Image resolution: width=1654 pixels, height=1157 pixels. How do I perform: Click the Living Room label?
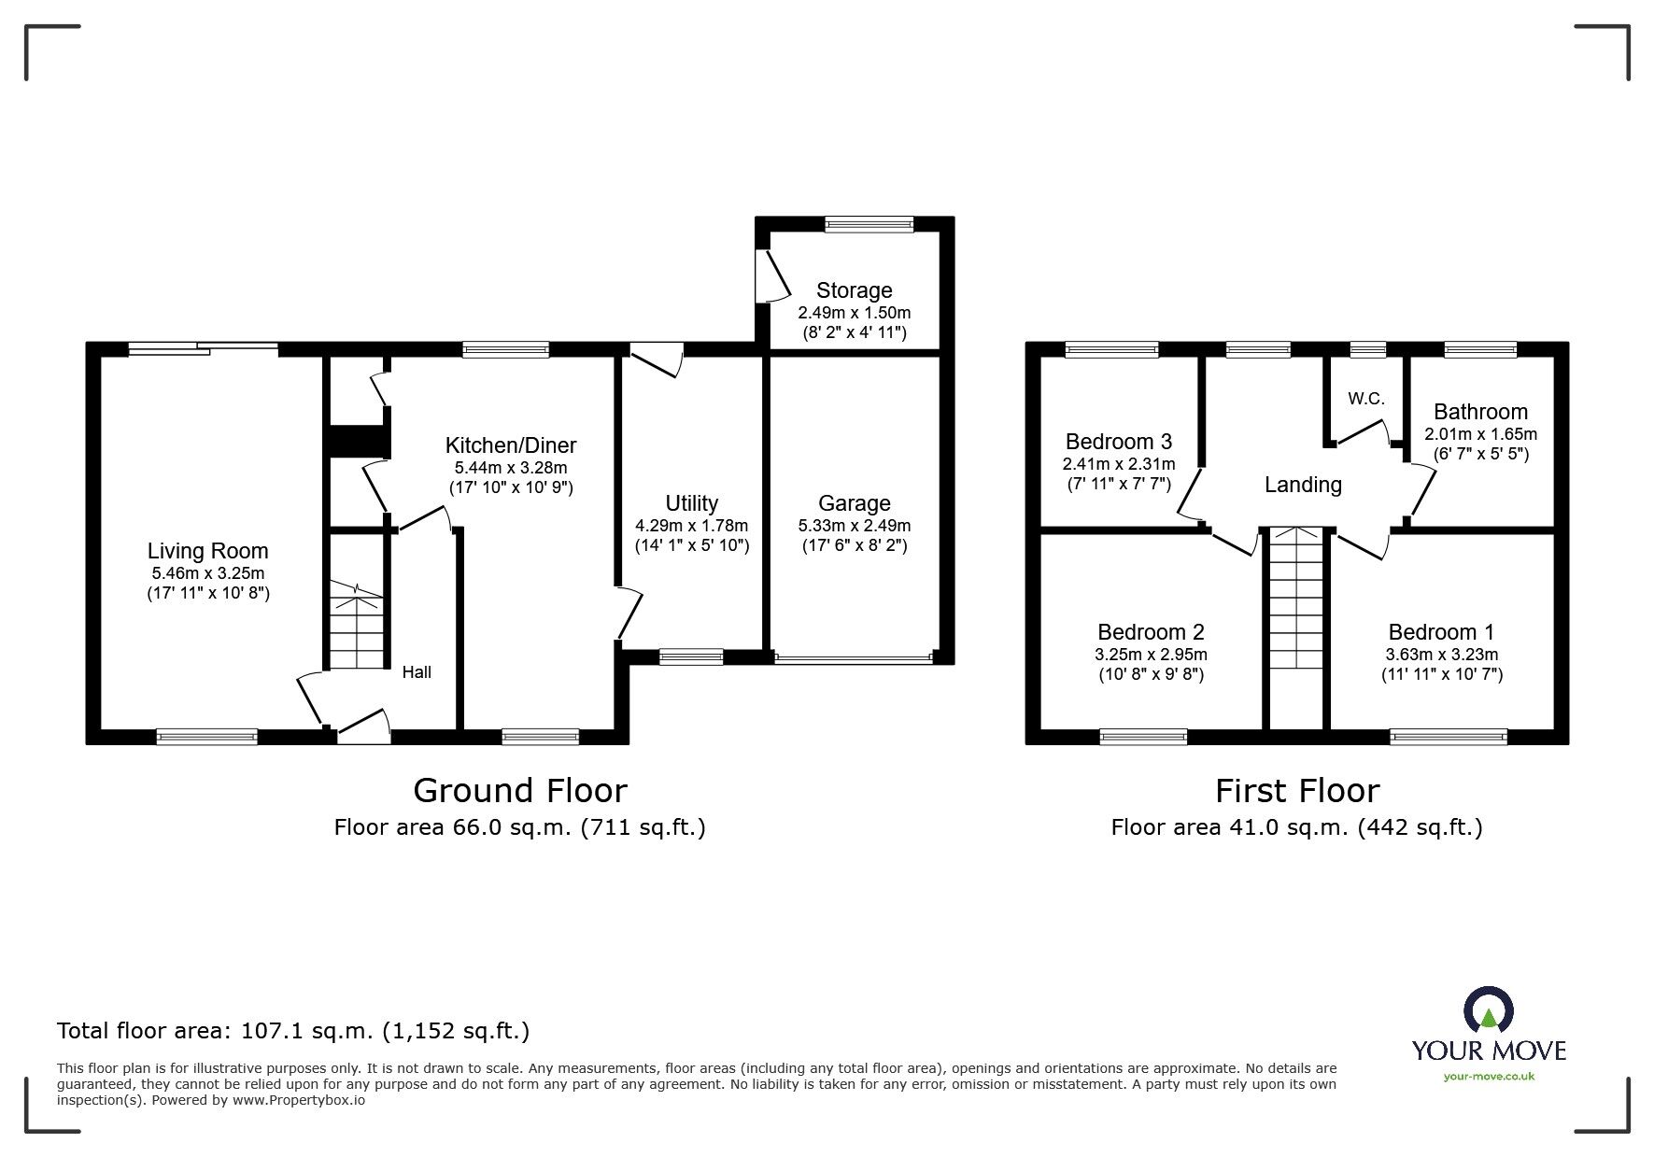tap(207, 551)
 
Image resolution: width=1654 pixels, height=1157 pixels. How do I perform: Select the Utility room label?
tap(691, 503)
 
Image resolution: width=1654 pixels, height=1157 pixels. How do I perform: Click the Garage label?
tap(854, 503)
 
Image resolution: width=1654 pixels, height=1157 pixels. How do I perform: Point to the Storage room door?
tap(775, 276)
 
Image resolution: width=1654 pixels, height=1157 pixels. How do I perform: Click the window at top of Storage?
tap(869, 224)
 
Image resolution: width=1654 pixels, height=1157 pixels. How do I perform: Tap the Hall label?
tap(417, 672)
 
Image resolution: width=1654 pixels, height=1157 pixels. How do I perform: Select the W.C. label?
tap(1365, 399)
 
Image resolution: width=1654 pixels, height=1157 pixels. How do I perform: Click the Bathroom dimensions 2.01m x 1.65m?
tap(1480, 434)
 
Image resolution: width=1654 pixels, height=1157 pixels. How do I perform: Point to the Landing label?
tap(1303, 485)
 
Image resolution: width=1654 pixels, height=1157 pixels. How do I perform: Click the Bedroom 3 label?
tap(1118, 442)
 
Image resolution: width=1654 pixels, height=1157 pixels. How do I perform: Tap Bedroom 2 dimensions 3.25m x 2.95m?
tap(1151, 655)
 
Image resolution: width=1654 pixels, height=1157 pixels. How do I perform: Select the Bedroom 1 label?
tap(1441, 632)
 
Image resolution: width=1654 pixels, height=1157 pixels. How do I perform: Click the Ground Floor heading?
tap(520, 791)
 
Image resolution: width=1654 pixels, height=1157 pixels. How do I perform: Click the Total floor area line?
tap(293, 1031)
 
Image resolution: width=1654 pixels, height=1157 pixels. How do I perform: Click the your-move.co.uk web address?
tap(1489, 1077)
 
